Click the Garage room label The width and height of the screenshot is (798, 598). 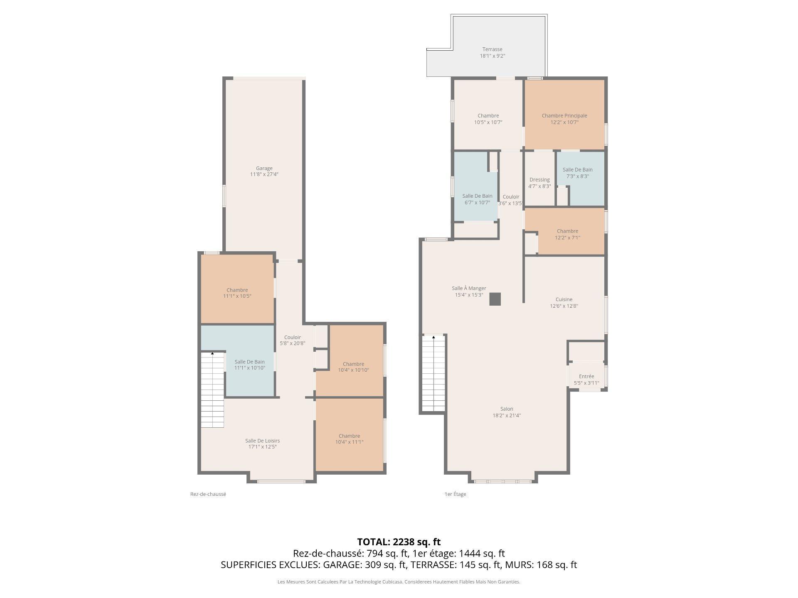click(264, 168)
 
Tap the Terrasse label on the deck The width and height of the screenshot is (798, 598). click(492, 49)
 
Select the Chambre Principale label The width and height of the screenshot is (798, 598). click(564, 116)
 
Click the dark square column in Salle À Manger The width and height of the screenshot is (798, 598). click(495, 299)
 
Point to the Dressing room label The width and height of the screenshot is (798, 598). click(539, 180)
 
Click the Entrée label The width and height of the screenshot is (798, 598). click(586, 376)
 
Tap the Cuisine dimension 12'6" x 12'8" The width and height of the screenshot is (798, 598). click(564, 306)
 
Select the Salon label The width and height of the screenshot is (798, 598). click(506, 409)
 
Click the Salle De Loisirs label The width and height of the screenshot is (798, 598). click(262, 441)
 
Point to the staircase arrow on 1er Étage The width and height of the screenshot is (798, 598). click(433, 338)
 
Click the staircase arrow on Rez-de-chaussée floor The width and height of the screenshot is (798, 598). click(212, 353)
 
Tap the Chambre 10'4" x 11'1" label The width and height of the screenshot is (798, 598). click(349, 436)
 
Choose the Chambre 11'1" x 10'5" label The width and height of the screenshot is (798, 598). click(237, 290)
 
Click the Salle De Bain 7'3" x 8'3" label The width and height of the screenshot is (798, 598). click(577, 170)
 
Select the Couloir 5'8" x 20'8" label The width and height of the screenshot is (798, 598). click(292, 338)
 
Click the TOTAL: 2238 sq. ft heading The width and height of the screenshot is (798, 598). click(399, 542)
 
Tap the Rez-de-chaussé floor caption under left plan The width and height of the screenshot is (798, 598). click(208, 494)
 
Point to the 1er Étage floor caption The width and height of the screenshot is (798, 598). click(455, 494)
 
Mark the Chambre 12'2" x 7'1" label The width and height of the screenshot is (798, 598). click(567, 231)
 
